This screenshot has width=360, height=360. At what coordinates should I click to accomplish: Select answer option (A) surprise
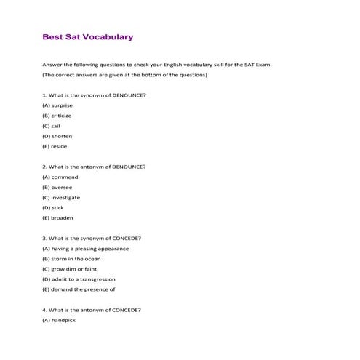57,105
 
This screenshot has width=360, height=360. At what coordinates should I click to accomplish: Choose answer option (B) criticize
57,116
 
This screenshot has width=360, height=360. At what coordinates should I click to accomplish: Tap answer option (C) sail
52,126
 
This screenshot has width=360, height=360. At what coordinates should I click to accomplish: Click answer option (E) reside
55,146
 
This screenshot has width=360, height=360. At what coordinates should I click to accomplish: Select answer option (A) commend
60,177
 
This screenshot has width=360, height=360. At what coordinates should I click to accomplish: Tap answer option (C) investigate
61,197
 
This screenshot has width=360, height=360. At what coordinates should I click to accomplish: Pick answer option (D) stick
53,207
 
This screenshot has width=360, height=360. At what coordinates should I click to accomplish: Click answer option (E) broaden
57,217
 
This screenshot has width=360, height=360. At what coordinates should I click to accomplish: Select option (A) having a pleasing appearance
85,248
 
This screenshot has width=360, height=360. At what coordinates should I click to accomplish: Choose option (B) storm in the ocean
71,258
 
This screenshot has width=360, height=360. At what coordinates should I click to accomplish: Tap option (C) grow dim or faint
71,268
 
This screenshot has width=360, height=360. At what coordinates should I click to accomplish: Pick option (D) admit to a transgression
79,279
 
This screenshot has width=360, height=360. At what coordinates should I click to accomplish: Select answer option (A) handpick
59,320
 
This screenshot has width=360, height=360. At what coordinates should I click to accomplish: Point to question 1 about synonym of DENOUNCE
94,95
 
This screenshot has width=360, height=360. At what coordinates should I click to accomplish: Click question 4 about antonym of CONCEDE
92,310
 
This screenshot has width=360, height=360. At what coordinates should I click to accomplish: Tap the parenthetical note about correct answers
124,75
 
